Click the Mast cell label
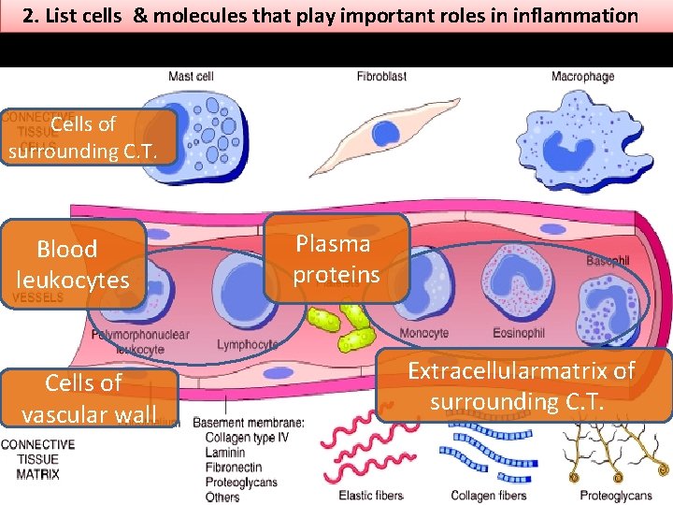coord(192,76)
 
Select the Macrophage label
coord(582,76)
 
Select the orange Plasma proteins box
coord(336,259)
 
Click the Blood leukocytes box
coord(73,265)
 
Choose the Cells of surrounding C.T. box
coord(89,137)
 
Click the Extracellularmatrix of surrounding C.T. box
coord(523,385)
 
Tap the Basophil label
coord(608,262)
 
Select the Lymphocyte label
coord(247,345)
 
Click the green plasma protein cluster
coord(341,325)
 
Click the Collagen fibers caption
coord(488,495)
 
